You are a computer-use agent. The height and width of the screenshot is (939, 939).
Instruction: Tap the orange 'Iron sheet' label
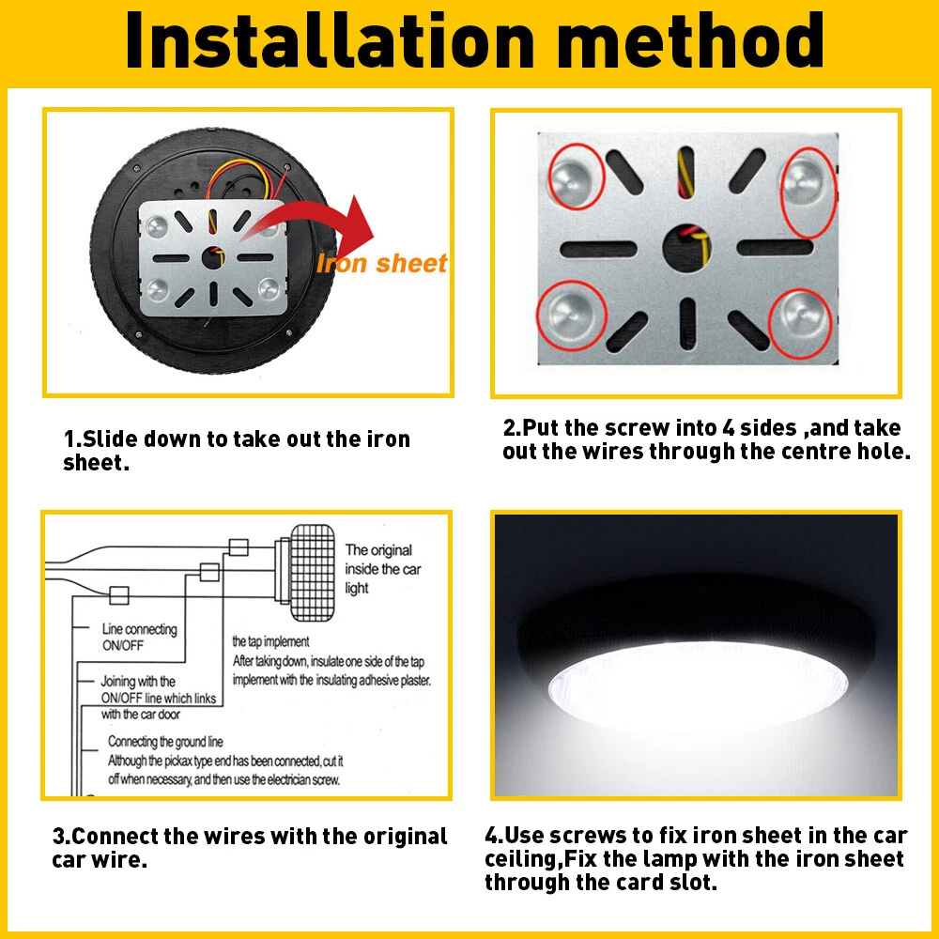381,263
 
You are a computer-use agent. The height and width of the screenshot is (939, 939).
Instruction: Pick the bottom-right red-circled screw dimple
800,323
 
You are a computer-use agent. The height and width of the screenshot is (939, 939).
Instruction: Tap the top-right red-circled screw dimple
809,191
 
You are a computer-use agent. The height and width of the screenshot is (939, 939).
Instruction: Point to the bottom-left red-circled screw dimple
571,315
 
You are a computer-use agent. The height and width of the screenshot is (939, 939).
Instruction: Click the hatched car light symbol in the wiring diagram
312,573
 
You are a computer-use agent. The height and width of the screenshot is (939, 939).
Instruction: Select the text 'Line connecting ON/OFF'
140,637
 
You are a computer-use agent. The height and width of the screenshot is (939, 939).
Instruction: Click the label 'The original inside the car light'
383,569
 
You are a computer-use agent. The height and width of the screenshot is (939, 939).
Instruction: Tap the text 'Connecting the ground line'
165,742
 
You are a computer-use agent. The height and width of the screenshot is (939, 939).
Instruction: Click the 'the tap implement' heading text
270,641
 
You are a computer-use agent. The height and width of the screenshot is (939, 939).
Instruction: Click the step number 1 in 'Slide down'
69,439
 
